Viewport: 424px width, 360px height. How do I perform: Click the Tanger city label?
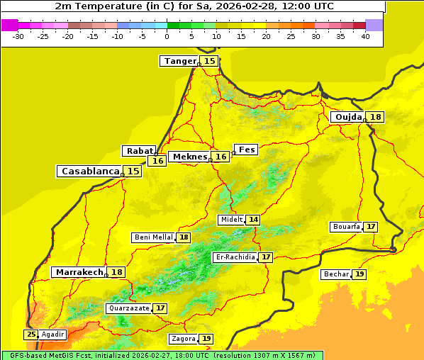coord(179,61)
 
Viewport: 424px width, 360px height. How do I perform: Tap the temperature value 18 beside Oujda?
coord(375,117)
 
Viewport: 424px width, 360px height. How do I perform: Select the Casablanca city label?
coord(89,171)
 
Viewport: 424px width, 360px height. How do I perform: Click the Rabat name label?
coord(138,151)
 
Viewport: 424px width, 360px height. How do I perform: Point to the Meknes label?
coord(190,157)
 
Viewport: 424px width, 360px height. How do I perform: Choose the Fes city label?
coord(247,150)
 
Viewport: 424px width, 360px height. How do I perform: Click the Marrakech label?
coord(79,272)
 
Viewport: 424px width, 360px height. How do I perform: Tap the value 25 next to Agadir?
coord(31,334)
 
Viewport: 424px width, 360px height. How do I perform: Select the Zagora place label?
coord(183,339)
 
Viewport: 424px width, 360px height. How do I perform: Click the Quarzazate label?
coord(128,308)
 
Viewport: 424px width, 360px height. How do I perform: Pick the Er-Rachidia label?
coord(235,257)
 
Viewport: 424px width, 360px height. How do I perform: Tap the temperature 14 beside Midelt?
coord(253,220)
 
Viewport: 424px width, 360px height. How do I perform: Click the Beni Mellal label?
coord(153,237)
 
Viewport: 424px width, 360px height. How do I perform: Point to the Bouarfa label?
coord(346,227)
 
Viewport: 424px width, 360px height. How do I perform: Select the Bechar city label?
coord(336,274)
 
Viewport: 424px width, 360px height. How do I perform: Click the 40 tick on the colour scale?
coord(365,36)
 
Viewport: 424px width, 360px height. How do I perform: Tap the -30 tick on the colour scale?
coord(18,36)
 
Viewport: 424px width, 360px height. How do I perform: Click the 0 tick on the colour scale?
coord(167,36)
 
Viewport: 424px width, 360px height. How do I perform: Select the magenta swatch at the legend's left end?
coord(9,25)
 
